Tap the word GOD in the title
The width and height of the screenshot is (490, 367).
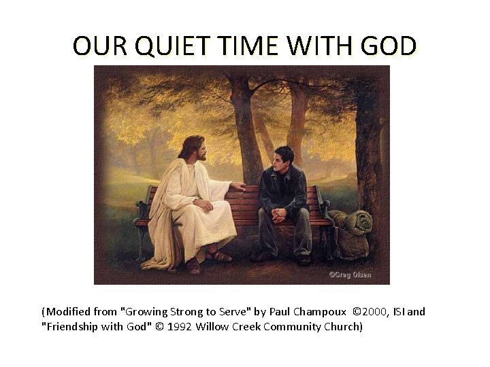pyautogui.click(x=385, y=46)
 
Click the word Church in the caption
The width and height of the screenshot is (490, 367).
pyautogui.click(x=342, y=327)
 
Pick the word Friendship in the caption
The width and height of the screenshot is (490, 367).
pyautogui.click(x=73, y=327)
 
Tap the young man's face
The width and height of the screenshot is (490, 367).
pyautogui.click(x=280, y=164)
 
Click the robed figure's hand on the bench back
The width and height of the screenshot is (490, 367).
pyautogui.click(x=238, y=185)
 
